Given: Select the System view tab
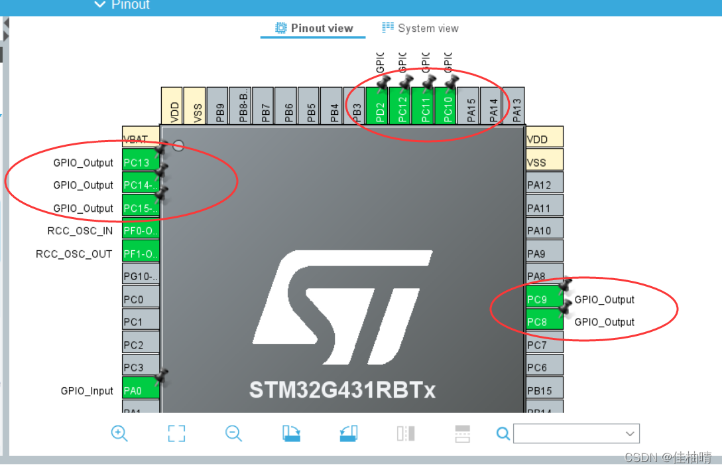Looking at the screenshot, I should [x=420, y=29].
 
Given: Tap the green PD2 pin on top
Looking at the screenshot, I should [x=377, y=106].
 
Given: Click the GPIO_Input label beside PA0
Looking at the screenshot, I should [x=87, y=391].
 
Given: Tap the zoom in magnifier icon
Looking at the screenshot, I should [x=119, y=433].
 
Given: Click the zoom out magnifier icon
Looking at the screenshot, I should [x=233, y=433].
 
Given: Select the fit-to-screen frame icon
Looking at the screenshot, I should [x=176, y=433].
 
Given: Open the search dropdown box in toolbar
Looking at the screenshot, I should [x=576, y=433].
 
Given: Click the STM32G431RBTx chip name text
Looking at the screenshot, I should [x=342, y=390].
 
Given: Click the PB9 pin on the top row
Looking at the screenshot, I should [x=218, y=106].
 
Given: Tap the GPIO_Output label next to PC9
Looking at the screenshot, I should [x=604, y=299].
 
